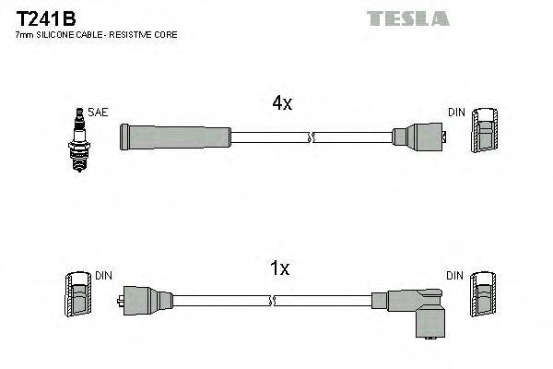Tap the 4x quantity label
(282, 104)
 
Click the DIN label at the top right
(456, 113)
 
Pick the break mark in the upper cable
(311, 138)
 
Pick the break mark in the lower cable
(274, 300)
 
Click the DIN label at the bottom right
(456, 276)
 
